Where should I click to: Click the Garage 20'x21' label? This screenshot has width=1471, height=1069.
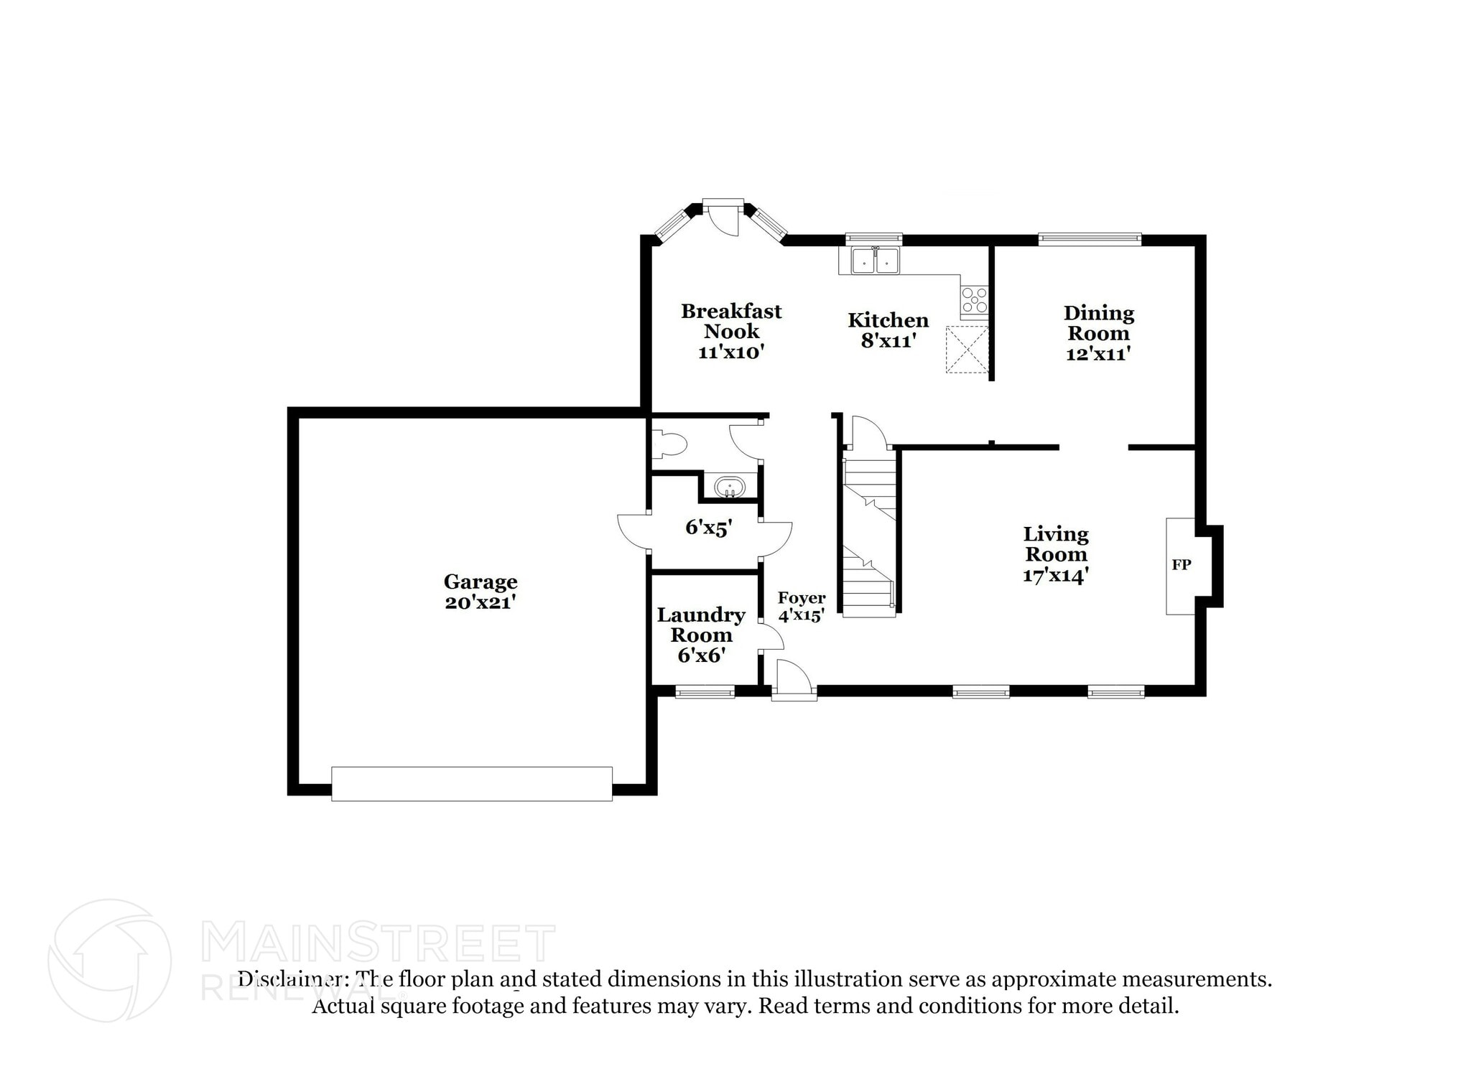click(480, 592)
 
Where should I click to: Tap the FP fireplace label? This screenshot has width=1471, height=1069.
click(1181, 565)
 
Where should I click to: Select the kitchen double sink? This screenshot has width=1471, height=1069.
click(875, 261)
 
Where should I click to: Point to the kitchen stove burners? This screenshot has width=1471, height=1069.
click(974, 300)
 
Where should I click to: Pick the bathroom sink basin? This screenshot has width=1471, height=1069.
click(730, 487)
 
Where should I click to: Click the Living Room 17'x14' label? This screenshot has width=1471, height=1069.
click(1055, 554)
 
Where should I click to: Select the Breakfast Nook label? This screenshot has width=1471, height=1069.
click(730, 331)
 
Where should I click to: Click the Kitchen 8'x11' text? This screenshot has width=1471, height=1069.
click(888, 330)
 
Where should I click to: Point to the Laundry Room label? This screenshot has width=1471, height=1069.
click(700, 635)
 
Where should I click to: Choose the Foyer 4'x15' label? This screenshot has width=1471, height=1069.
click(801, 607)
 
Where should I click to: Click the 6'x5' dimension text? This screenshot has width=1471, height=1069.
click(708, 528)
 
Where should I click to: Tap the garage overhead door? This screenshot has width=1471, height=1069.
click(471, 784)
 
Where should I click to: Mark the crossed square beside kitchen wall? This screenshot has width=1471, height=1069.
click(966, 350)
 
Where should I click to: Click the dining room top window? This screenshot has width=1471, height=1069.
click(1089, 239)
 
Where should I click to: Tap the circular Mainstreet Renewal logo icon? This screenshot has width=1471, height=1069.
click(109, 960)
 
